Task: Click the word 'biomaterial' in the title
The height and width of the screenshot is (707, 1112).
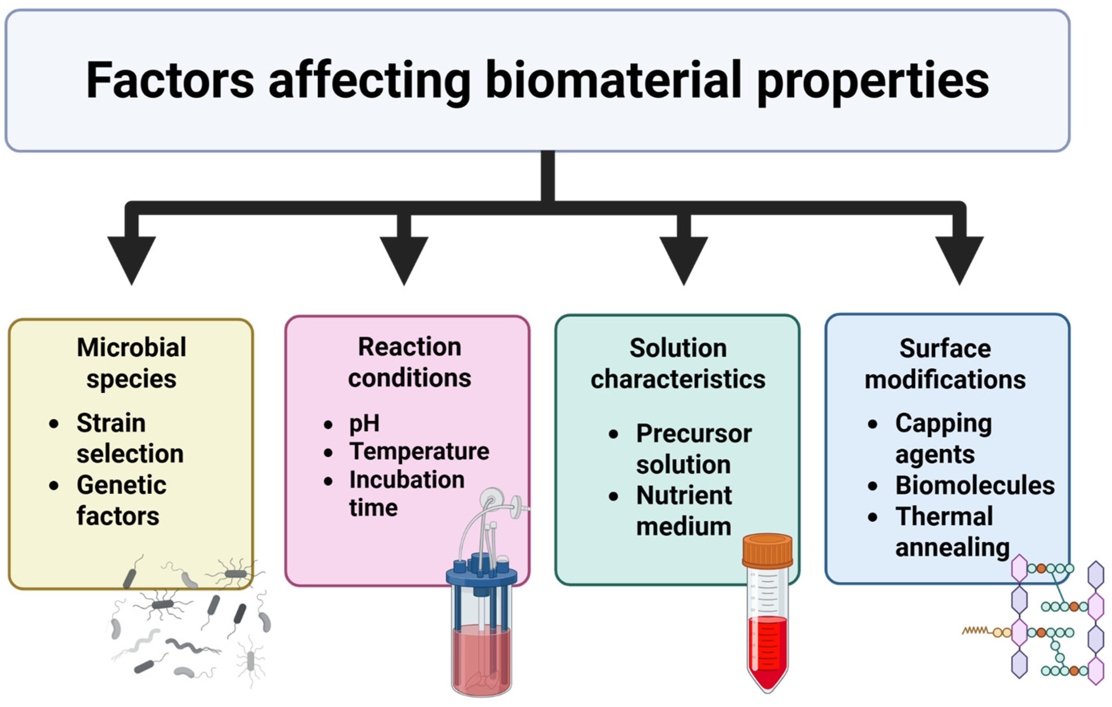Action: click(613, 81)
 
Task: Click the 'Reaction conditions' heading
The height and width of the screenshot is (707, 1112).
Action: click(409, 362)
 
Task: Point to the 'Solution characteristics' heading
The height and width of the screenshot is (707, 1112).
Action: click(678, 364)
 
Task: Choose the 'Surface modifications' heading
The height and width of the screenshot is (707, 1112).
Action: click(945, 364)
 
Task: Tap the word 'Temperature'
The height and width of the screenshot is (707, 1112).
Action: click(419, 451)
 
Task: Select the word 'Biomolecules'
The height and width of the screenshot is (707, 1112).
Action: click(975, 485)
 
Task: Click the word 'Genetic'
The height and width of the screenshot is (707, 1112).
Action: click(121, 485)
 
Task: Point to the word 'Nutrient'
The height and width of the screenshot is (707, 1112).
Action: click(684, 495)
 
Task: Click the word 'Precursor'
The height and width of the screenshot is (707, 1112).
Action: click(694, 434)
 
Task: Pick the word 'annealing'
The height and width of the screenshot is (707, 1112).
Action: click(952, 547)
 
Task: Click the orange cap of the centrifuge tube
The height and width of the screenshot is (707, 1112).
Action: click(767, 550)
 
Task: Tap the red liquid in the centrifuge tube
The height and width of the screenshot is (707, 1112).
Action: click(767, 646)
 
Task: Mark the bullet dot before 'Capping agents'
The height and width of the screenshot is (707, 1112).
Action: click(872, 424)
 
